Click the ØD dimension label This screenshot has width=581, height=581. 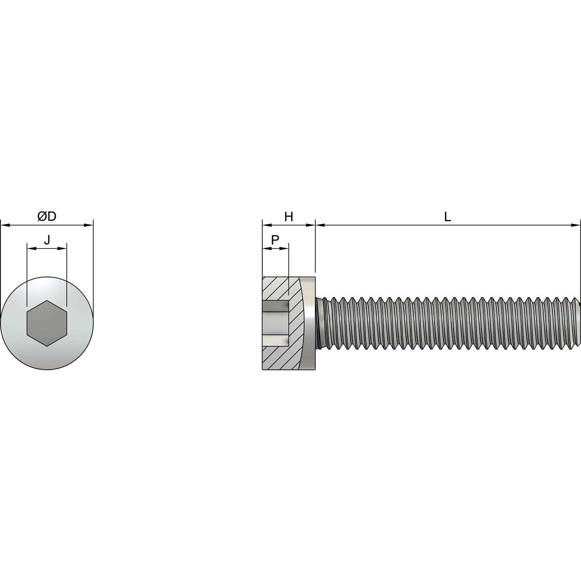pos(47,217)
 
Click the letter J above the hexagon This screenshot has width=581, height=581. pos(47,240)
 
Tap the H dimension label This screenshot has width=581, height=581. pos(289,217)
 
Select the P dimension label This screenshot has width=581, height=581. pos(275,240)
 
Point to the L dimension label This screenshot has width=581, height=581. pos(447,217)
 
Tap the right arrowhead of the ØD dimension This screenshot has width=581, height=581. pos(89,225)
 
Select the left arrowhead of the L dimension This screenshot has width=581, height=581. pos(320,225)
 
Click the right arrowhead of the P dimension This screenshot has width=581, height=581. pos(284,248)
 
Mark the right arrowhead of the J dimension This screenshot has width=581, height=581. pos(62,248)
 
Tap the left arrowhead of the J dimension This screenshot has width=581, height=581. pos(31,248)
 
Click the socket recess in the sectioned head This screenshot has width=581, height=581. pos(276,323)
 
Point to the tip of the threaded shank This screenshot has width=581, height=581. pos(580,323)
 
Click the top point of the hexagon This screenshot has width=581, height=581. pos(47,301)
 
